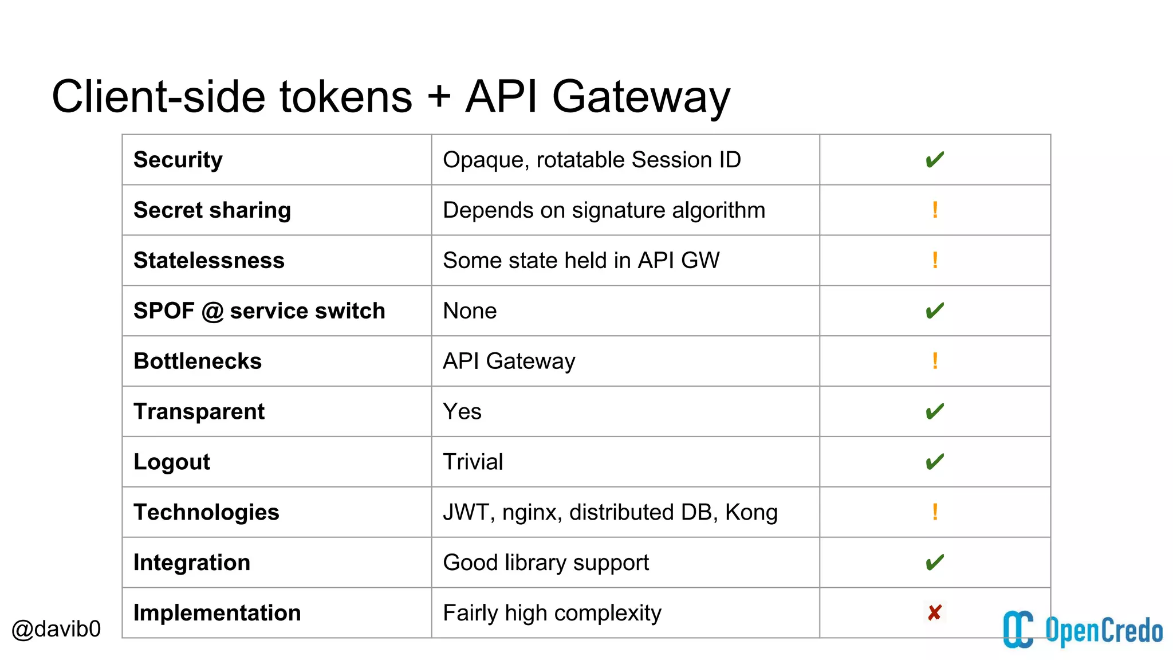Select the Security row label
pyautogui.click(x=178, y=160)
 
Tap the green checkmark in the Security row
pyautogui.click(x=934, y=160)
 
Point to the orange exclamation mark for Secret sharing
pyautogui.click(x=935, y=210)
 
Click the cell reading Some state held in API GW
pyautogui.click(x=581, y=261)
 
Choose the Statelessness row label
pyautogui.click(x=208, y=261)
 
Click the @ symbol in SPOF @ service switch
pyautogui.click(x=212, y=311)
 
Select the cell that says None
pyautogui.click(x=470, y=311)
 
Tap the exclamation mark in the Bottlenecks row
pyautogui.click(x=935, y=361)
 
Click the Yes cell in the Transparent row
pyautogui.click(x=462, y=411)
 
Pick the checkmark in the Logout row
pyautogui.click(x=934, y=462)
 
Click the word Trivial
pyautogui.click(x=473, y=462)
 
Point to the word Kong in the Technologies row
pyautogui.click(x=751, y=512)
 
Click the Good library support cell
pyautogui.click(x=545, y=563)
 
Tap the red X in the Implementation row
pyautogui.click(x=934, y=613)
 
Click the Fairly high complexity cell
pyautogui.click(x=552, y=613)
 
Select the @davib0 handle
pyautogui.click(x=56, y=629)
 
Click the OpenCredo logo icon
pyautogui.click(x=1018, y=629)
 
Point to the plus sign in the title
pyautogui.click(x=439, y=96)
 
